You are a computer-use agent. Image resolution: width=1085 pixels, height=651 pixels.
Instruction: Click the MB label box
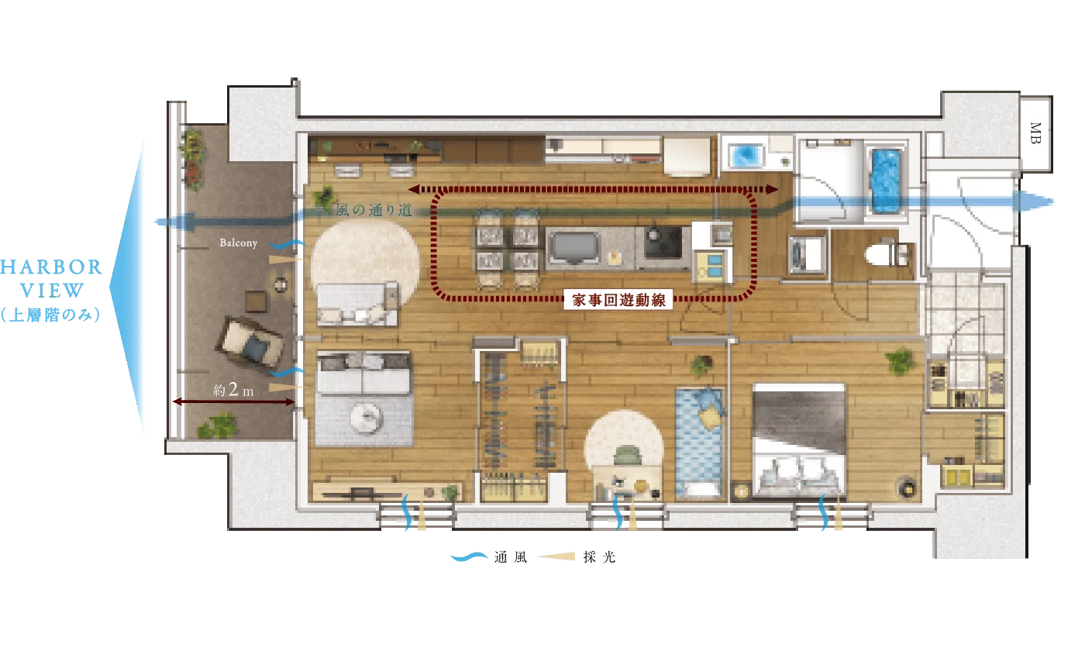(x=1036, y=133)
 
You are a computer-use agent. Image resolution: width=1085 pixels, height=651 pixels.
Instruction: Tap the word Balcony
(x=239, y=243)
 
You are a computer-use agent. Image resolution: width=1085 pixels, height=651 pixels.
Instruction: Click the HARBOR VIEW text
(x=51, y=278)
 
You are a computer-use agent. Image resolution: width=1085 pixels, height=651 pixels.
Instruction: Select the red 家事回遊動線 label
(x=618, y=300)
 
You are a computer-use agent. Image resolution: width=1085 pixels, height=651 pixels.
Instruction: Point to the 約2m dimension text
(x=233, y=389)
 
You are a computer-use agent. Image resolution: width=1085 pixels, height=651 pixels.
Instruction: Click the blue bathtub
(x=887, y=181)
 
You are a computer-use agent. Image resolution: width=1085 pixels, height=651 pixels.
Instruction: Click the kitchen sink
(x=574, y=248)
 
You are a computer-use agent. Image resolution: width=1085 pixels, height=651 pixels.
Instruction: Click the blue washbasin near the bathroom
(x=745, y=156)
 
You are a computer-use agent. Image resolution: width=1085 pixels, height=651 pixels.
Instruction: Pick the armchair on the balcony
(x=250, y=343)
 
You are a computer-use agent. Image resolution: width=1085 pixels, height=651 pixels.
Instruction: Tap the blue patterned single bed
(x=699, y=443)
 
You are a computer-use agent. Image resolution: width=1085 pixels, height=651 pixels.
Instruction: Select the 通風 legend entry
(x=489, y=557)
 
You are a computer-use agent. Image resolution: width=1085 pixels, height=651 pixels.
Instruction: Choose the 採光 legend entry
(x=577, y=557)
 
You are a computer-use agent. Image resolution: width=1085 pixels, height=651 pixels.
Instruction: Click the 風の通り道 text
(x=374, y=210)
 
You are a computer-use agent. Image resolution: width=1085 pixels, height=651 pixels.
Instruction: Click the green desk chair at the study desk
(x=627, y=456)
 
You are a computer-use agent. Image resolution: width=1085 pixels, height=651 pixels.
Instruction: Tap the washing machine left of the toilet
(x=807, y=254)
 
